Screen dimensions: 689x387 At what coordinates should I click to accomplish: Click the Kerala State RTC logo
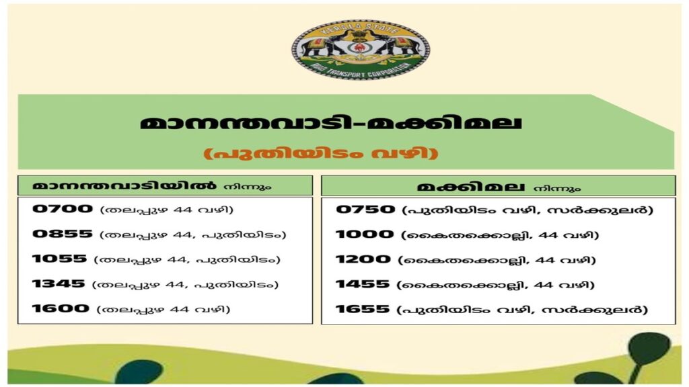[361, 49]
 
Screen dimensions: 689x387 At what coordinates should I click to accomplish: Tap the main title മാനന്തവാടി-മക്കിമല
[331, 122]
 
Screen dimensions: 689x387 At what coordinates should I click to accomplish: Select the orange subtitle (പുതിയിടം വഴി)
[321, 154]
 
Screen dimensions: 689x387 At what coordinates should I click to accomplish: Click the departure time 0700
[63, 208]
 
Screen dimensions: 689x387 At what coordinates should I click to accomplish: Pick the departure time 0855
[63, 233]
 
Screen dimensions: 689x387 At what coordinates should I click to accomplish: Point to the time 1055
[59, 259]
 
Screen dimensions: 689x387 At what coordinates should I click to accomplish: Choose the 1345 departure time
[59, 284]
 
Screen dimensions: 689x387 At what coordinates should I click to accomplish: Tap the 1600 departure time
[61, 308]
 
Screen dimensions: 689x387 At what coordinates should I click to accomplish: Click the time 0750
[365, 209]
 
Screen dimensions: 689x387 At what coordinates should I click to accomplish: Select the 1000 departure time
[365, 234]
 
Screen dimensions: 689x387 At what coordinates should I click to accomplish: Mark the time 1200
[363, 259]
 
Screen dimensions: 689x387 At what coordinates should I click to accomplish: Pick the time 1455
[363, 284]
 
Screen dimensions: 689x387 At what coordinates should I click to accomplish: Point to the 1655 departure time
[363, 309]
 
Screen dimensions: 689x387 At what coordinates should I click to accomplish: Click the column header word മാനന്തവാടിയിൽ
[124, 185]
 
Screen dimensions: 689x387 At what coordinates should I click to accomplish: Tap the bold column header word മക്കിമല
[471, 187]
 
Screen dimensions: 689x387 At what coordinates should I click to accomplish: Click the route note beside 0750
[528, 210]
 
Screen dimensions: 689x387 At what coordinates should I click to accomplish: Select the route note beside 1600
[163, 309]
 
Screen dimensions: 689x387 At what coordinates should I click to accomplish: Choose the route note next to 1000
[500, 234]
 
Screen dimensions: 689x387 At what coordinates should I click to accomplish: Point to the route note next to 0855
[193, 234]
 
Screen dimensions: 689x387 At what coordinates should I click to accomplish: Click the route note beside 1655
[522, 310]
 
